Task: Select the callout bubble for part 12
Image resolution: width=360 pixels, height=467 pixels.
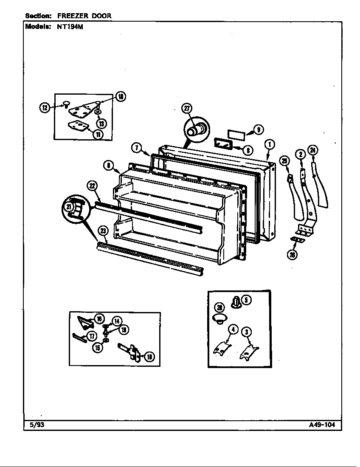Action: pyautogui.click(x=45, y=107)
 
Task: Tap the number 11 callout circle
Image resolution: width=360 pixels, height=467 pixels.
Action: pyautogui.click(x=98, y=135)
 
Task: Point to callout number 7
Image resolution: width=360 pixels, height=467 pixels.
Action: pyautogui.click(x=136, y=148)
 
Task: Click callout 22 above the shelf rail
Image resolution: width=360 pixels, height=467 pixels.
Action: pyautogui.click(x=92, y=185)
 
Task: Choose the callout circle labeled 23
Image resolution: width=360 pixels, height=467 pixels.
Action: pyautogui.click(x=103, y=231)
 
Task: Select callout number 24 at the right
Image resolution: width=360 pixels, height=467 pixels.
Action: pyautogui.click(x=313, y=149)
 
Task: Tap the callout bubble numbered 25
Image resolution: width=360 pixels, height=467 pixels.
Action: pyautogui.click(x=284, y=160)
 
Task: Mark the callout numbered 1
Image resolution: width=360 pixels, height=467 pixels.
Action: pyautogui.click(x=269, y=144)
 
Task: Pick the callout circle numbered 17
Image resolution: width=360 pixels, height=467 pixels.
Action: pyautogui.click(x=91, y=336)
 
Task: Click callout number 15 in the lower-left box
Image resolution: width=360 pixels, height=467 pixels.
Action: pyautogui.click(x=97, y=347)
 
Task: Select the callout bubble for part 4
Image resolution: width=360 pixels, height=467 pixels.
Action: pyautogui.click(x=232, y=329)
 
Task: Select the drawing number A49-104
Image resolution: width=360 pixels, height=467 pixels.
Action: pyautogui.click(x=325, y=425)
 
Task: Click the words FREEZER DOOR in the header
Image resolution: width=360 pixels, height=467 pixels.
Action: pyautogui.click(x=84, y=16)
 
